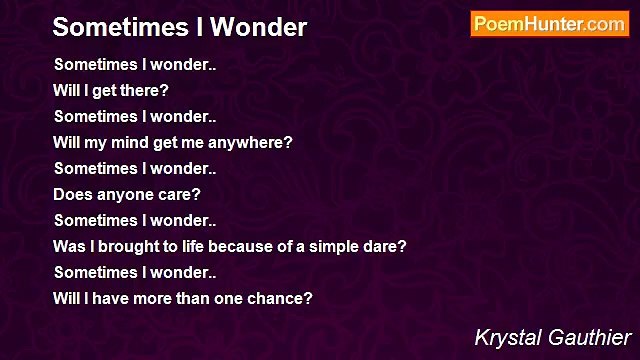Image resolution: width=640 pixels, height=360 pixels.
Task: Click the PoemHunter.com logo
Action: (x=549, y=24)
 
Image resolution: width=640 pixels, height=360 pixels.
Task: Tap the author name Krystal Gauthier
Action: (x=553, y=337)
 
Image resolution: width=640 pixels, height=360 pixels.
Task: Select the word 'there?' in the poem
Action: (x=145, y=90)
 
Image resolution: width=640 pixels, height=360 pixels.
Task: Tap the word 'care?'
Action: (x=179, y=194)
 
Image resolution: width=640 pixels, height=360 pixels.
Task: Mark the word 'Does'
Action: (x=71, y=194)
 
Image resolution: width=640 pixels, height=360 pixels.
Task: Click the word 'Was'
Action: (x=67, y=246)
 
